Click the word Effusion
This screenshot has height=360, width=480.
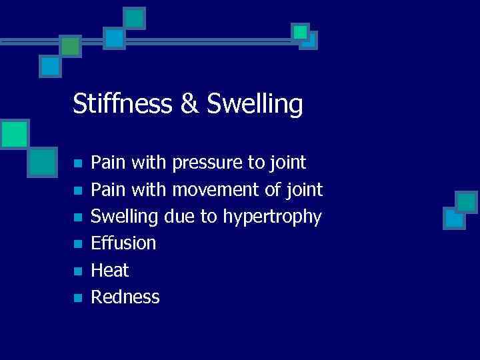(x=123, y=243)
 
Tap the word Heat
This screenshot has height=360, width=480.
(x=110, y=270)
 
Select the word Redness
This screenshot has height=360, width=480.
(x=125, y=297)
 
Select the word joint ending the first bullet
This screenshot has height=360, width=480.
(x=287, y=163)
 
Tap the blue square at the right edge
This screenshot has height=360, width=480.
(x=454, y=217)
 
